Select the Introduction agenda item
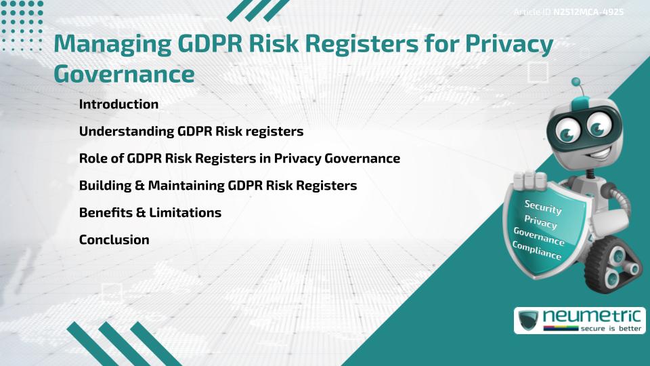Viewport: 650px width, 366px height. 118,104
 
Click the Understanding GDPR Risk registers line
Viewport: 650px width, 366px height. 190,131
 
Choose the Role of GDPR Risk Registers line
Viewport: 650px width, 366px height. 239,159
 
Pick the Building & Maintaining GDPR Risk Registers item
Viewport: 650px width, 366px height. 217,186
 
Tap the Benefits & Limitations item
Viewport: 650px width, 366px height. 150,213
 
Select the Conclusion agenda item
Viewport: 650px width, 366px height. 114,240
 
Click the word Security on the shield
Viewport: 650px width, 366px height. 544,207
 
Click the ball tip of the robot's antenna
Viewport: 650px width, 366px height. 577,82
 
